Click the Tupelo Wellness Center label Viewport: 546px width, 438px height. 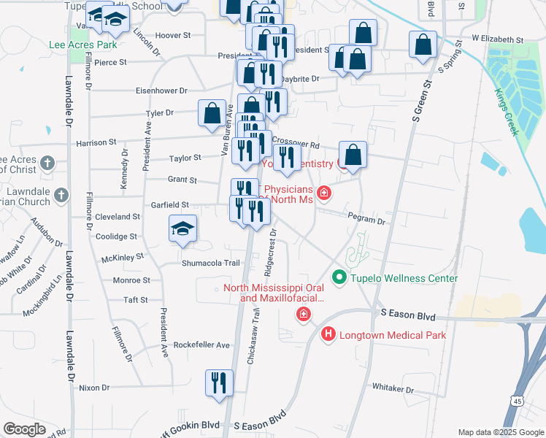(x=405, y=278)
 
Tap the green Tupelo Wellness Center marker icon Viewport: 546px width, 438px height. (x=339, y=277)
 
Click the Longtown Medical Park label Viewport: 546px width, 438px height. (x=392, y=335)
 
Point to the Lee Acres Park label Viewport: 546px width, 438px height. (x=82, y=45)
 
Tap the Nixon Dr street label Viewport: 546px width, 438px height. (x=94, y=388)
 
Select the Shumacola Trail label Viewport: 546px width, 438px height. (x=211, y=263)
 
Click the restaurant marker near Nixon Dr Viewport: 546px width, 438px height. (x=220, y=383)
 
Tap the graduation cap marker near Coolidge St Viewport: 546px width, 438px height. (x=183, y=228)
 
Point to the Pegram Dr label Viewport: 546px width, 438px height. (x=368, y=219)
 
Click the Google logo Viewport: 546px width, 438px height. (x=24, y=429)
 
